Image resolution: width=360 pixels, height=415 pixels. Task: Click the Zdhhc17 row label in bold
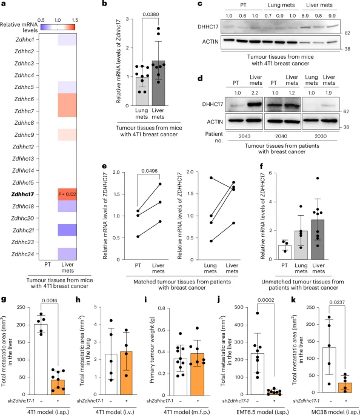coord(22,194)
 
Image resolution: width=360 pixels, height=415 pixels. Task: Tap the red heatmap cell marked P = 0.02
coord(67,194)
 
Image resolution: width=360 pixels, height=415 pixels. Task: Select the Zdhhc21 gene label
coord(23,230)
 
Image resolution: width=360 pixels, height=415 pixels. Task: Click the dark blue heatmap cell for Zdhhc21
coord(67,230)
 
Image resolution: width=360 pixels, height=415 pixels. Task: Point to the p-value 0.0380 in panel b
coord(151,14)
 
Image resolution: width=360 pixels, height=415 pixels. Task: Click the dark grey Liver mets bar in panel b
coord(158,83)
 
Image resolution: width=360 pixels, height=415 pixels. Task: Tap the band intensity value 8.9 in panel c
coord(305,16)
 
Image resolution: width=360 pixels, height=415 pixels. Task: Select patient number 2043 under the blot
coord(244,136)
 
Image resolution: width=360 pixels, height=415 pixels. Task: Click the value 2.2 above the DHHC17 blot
coord(255,93)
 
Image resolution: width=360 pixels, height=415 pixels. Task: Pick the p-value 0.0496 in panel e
coord(149,171)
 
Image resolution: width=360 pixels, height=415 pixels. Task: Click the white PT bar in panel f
coord(285,253)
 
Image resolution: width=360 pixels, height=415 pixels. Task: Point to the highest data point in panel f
coord(318,178)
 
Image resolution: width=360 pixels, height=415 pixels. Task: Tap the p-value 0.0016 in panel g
coord(50,300)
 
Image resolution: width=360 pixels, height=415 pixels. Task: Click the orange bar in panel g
coord(58,387)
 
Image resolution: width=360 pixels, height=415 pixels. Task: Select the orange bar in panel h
coord(126,373)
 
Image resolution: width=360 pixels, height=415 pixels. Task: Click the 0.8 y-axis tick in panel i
coord(161,308)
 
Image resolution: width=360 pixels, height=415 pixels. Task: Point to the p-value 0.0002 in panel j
coord(266,300)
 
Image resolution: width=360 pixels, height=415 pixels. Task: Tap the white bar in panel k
coord(329,370)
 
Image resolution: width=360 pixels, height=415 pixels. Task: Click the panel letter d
coord(200,78)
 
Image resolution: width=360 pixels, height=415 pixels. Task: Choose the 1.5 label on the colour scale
coord(75,20)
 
